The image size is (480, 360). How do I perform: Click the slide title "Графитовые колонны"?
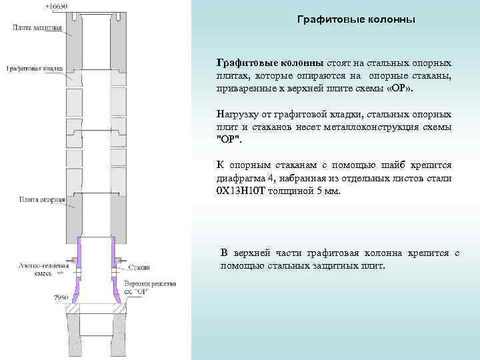[x=356, y=20]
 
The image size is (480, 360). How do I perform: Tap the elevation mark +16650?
[x=57, y=6]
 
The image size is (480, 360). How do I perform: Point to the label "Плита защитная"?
[x=37, y=28]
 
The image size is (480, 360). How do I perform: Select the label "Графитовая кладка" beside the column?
[x=35, y=68]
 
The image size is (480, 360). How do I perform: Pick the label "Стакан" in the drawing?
[x=141, y=267]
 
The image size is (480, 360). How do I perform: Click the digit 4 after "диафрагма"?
[x=270, y=178]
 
